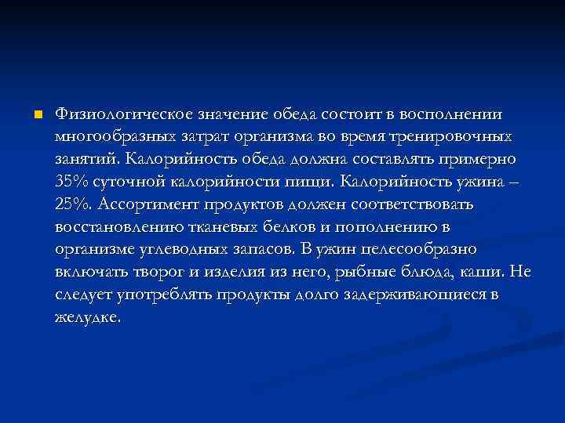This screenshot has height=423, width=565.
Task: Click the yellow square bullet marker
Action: tap(37, 114)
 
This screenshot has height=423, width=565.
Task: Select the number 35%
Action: tap(72, 183)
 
